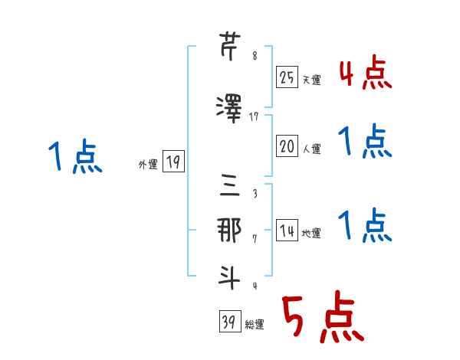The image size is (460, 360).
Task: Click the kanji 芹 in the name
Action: tap(230, 46)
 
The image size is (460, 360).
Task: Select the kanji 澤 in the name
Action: tap(229, 109)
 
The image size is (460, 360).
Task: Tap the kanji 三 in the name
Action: tap(230, 185)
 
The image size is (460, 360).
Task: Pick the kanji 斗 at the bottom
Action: tap(229, 277)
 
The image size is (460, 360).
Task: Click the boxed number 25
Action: tap(287, 77)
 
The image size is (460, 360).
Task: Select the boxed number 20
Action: tap(287, 146)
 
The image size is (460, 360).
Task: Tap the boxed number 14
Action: tap(287, 230)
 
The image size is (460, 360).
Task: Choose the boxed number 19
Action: tap(173, 162)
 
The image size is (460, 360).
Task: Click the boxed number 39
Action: tap(230, 321)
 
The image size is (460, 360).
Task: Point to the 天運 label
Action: tap(311, 80)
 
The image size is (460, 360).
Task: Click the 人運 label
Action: tap(311, 149)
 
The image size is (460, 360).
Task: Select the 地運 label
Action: tap(311, 233)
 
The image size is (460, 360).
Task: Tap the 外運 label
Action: tap(148, 165)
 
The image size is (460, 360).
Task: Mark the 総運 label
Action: tap(255, 324)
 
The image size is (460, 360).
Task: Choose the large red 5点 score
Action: tap(324, 316)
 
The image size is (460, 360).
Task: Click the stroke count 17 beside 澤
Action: tap(254, 117)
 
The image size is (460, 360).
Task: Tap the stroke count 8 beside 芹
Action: tap(255, 55)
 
